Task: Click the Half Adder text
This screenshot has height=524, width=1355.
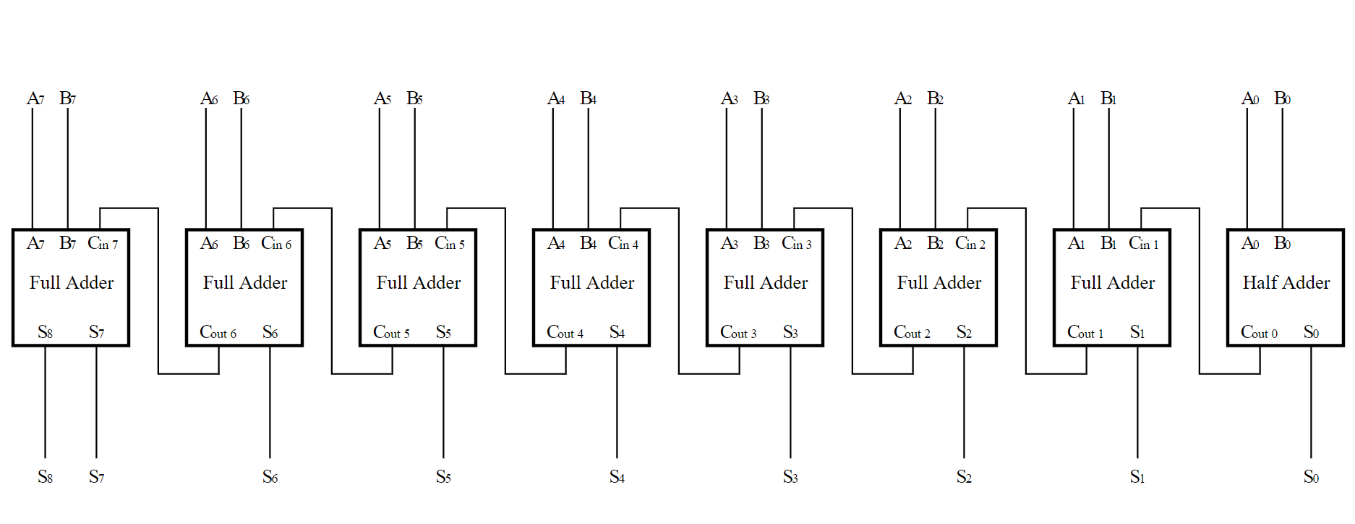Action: point(1286,282)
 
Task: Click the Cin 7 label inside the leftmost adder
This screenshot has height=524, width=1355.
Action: point(103,244)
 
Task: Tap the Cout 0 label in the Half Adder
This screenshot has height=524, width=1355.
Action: point(1259,332)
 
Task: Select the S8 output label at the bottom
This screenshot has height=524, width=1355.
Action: point(45,476)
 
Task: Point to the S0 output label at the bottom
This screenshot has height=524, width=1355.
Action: point(1311,476)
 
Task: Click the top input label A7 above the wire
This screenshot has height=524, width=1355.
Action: point(35,98)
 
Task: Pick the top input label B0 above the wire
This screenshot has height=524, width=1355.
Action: point(1282,98)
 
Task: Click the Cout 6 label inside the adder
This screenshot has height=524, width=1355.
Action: point(218,332)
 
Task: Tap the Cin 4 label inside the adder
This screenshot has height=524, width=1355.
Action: point(623,244)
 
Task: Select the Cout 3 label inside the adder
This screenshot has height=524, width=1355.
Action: point(738,332)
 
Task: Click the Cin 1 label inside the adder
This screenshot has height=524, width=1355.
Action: point(1143,244)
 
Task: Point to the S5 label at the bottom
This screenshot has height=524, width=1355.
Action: point(443,476)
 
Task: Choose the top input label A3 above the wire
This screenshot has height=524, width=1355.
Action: point(729,98)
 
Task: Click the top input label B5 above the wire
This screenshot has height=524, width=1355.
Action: point(414,98)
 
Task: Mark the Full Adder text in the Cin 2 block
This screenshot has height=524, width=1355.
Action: point(939,282)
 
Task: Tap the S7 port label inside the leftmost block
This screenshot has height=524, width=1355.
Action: point(96,332)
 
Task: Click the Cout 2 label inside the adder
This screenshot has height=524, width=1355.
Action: point(912,332)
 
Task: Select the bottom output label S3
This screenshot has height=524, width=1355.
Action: point(790,476)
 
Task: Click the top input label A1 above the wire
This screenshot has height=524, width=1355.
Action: point(1076,98)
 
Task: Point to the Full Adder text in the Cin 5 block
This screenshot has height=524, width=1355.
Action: point(418,282)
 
